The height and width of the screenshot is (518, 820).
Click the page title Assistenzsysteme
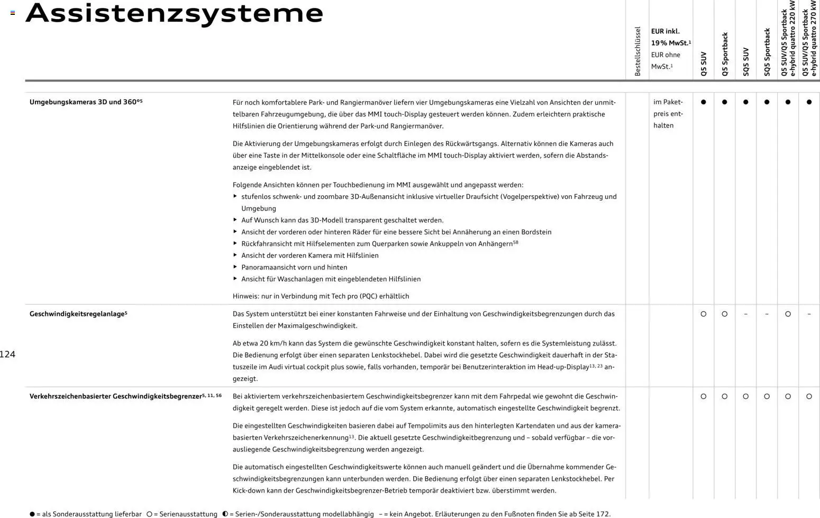pyautogui.click(x=174, y=14)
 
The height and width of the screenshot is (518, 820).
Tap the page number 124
pyautogui.click(x=7, y=355)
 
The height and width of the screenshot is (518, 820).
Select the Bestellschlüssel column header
pyautogui.click(x=637, y=51)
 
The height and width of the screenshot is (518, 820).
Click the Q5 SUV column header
pyautogui.click(x=704, y=63)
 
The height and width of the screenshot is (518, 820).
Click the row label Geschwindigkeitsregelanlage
pyautogui.click(x=78, y=314)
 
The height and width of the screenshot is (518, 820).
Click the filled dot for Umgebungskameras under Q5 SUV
pyautogui.click(x=704, y=102)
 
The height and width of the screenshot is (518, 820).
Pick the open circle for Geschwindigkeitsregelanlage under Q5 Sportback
pyautogui.click(x=725, y=314)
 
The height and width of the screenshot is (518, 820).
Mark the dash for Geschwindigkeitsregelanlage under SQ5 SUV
pyautogui.click(x=746, y=314)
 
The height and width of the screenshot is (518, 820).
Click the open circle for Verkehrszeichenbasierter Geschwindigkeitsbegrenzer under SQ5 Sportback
pyautogui.click(x=767, y=396)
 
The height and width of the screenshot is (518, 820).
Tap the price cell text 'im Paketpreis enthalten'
pyautogui.click(x=668, y=114)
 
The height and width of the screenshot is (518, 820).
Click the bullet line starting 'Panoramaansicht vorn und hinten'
pyautogui.click(x=294, y=267)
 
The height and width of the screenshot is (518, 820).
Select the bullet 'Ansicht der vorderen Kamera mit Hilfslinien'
pyautogui.click(x=309, y=256)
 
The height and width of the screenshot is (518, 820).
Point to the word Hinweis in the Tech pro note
pyautogui.click(x=245, y=296)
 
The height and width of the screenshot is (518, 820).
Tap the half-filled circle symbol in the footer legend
pyautogui.click(x=225, y=514)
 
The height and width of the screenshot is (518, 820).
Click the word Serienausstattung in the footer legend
pyautogui.click(x=185, y=514)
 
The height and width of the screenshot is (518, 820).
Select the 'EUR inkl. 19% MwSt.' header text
pyautogui.click(x=670, y=37)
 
